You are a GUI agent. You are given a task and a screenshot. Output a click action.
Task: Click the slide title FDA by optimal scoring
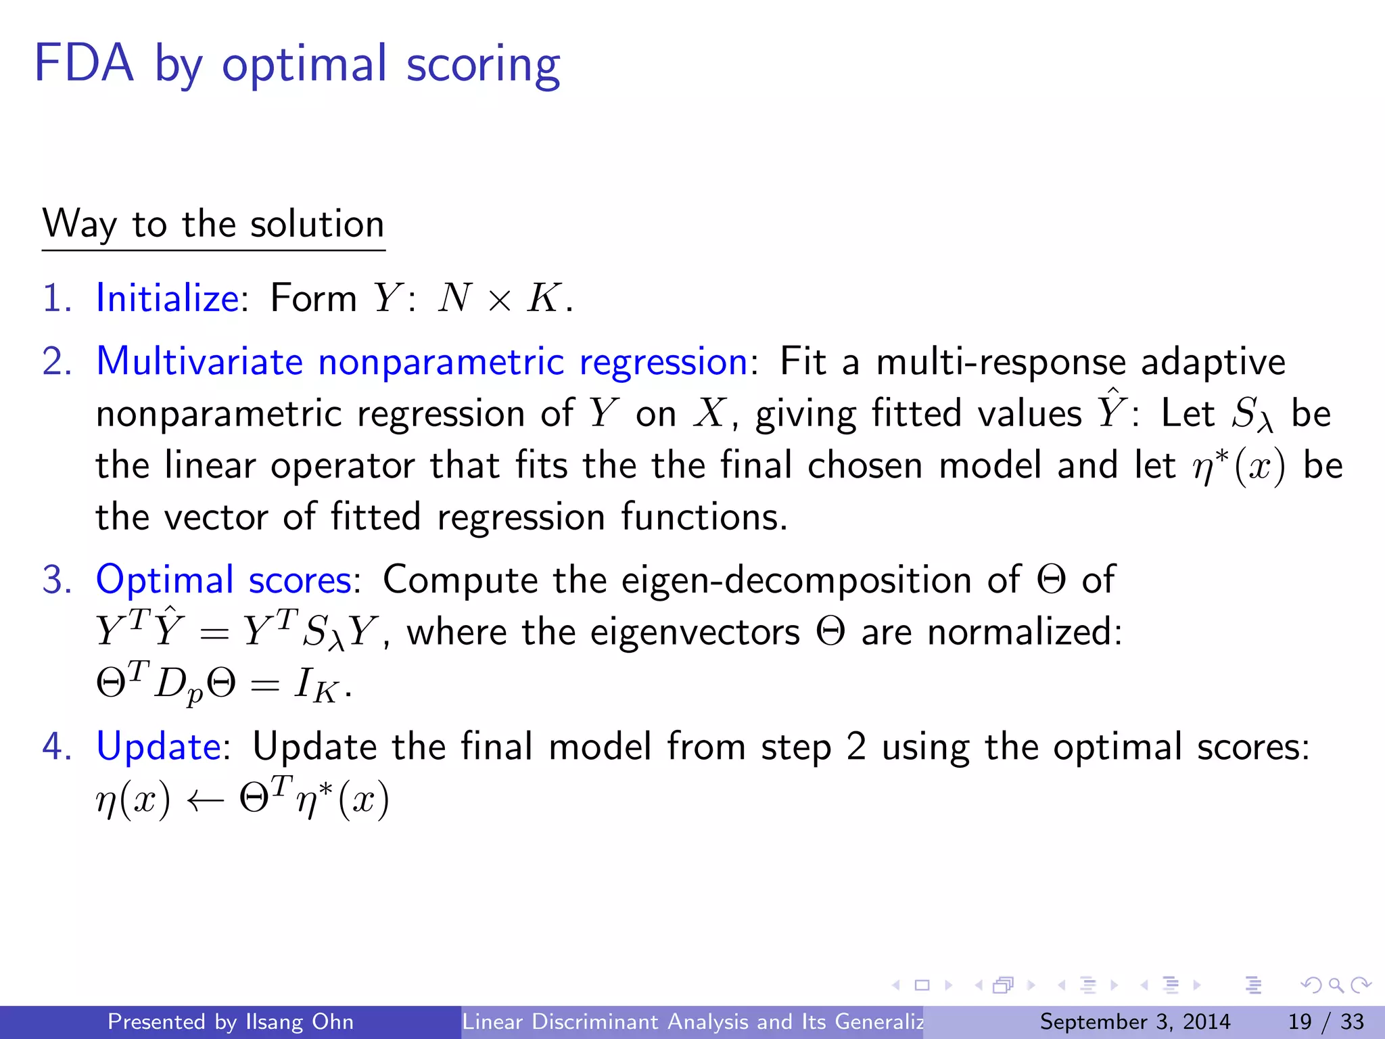297,64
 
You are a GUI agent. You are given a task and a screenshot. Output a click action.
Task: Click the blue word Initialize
167,298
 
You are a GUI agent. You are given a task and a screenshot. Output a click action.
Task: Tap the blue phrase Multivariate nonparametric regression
422,361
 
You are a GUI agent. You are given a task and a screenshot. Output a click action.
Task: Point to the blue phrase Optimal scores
223,580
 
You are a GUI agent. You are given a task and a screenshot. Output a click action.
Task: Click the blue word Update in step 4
158,747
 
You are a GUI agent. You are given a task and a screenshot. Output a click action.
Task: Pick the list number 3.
56,580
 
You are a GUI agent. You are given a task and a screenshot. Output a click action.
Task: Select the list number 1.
56,298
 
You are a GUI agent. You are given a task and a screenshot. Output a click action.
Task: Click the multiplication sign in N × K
499,300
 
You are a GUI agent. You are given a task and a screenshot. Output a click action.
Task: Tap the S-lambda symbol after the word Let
1252,415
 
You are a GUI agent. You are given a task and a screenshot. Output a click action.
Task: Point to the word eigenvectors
695,632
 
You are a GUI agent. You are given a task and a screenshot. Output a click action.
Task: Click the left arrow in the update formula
204,801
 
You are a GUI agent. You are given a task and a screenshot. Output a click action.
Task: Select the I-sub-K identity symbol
315,686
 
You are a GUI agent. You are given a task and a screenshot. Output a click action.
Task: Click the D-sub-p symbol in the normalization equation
178,687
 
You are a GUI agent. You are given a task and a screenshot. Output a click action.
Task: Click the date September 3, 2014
1135,1021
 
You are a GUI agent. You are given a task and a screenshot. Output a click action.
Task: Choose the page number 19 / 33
1325,1021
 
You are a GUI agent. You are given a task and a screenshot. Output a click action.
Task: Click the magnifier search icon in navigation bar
1336,986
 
